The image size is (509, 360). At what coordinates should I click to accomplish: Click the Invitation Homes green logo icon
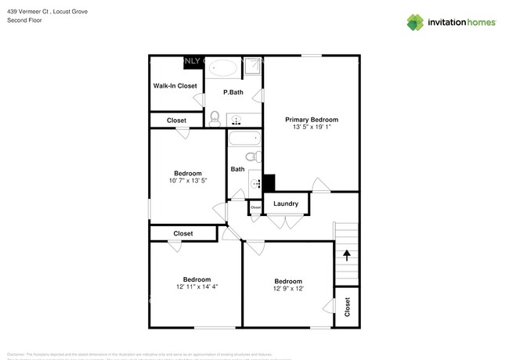point(415,22)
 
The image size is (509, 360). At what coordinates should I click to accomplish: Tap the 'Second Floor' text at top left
point(24,20)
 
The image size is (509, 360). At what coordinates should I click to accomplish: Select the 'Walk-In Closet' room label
point(175,86)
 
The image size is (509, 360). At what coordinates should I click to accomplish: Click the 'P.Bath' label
point(232,93)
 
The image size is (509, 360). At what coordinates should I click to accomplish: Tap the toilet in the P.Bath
point(215,118)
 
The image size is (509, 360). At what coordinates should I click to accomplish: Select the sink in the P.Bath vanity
point(236,120)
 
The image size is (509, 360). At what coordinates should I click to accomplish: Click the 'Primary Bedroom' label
point(311,119)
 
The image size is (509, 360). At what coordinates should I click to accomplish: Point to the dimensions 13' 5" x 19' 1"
point(311,128)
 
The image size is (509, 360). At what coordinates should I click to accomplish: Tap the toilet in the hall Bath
point(251,157)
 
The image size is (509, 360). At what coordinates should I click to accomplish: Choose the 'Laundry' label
point(286,204)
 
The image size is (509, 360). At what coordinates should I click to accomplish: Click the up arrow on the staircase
point(346,254)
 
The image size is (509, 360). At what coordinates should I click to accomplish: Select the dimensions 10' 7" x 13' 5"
point(187,181)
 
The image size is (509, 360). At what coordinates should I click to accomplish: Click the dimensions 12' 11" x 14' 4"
point(197,286)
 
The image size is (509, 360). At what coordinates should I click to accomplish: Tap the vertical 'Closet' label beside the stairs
point(347,308)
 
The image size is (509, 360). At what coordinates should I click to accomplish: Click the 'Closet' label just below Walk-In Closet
point(176,121)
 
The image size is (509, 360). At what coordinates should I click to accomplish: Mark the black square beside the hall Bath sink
point(269,182)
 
